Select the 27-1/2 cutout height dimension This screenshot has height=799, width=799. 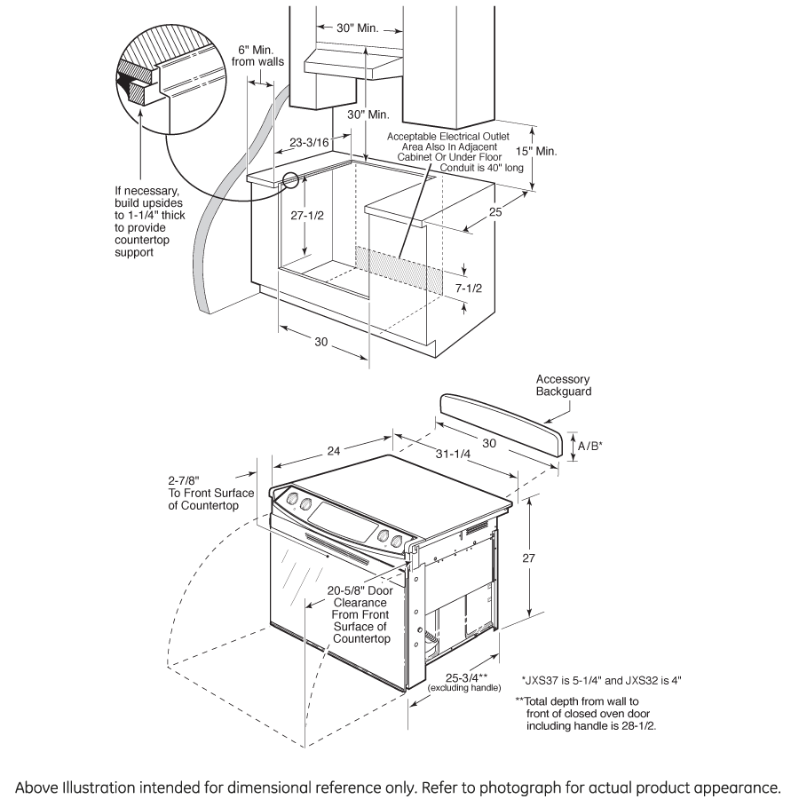tap(305, 216)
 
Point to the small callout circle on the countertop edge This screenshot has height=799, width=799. tap(289, 180)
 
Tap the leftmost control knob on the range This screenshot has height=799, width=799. tap(293, 505)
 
